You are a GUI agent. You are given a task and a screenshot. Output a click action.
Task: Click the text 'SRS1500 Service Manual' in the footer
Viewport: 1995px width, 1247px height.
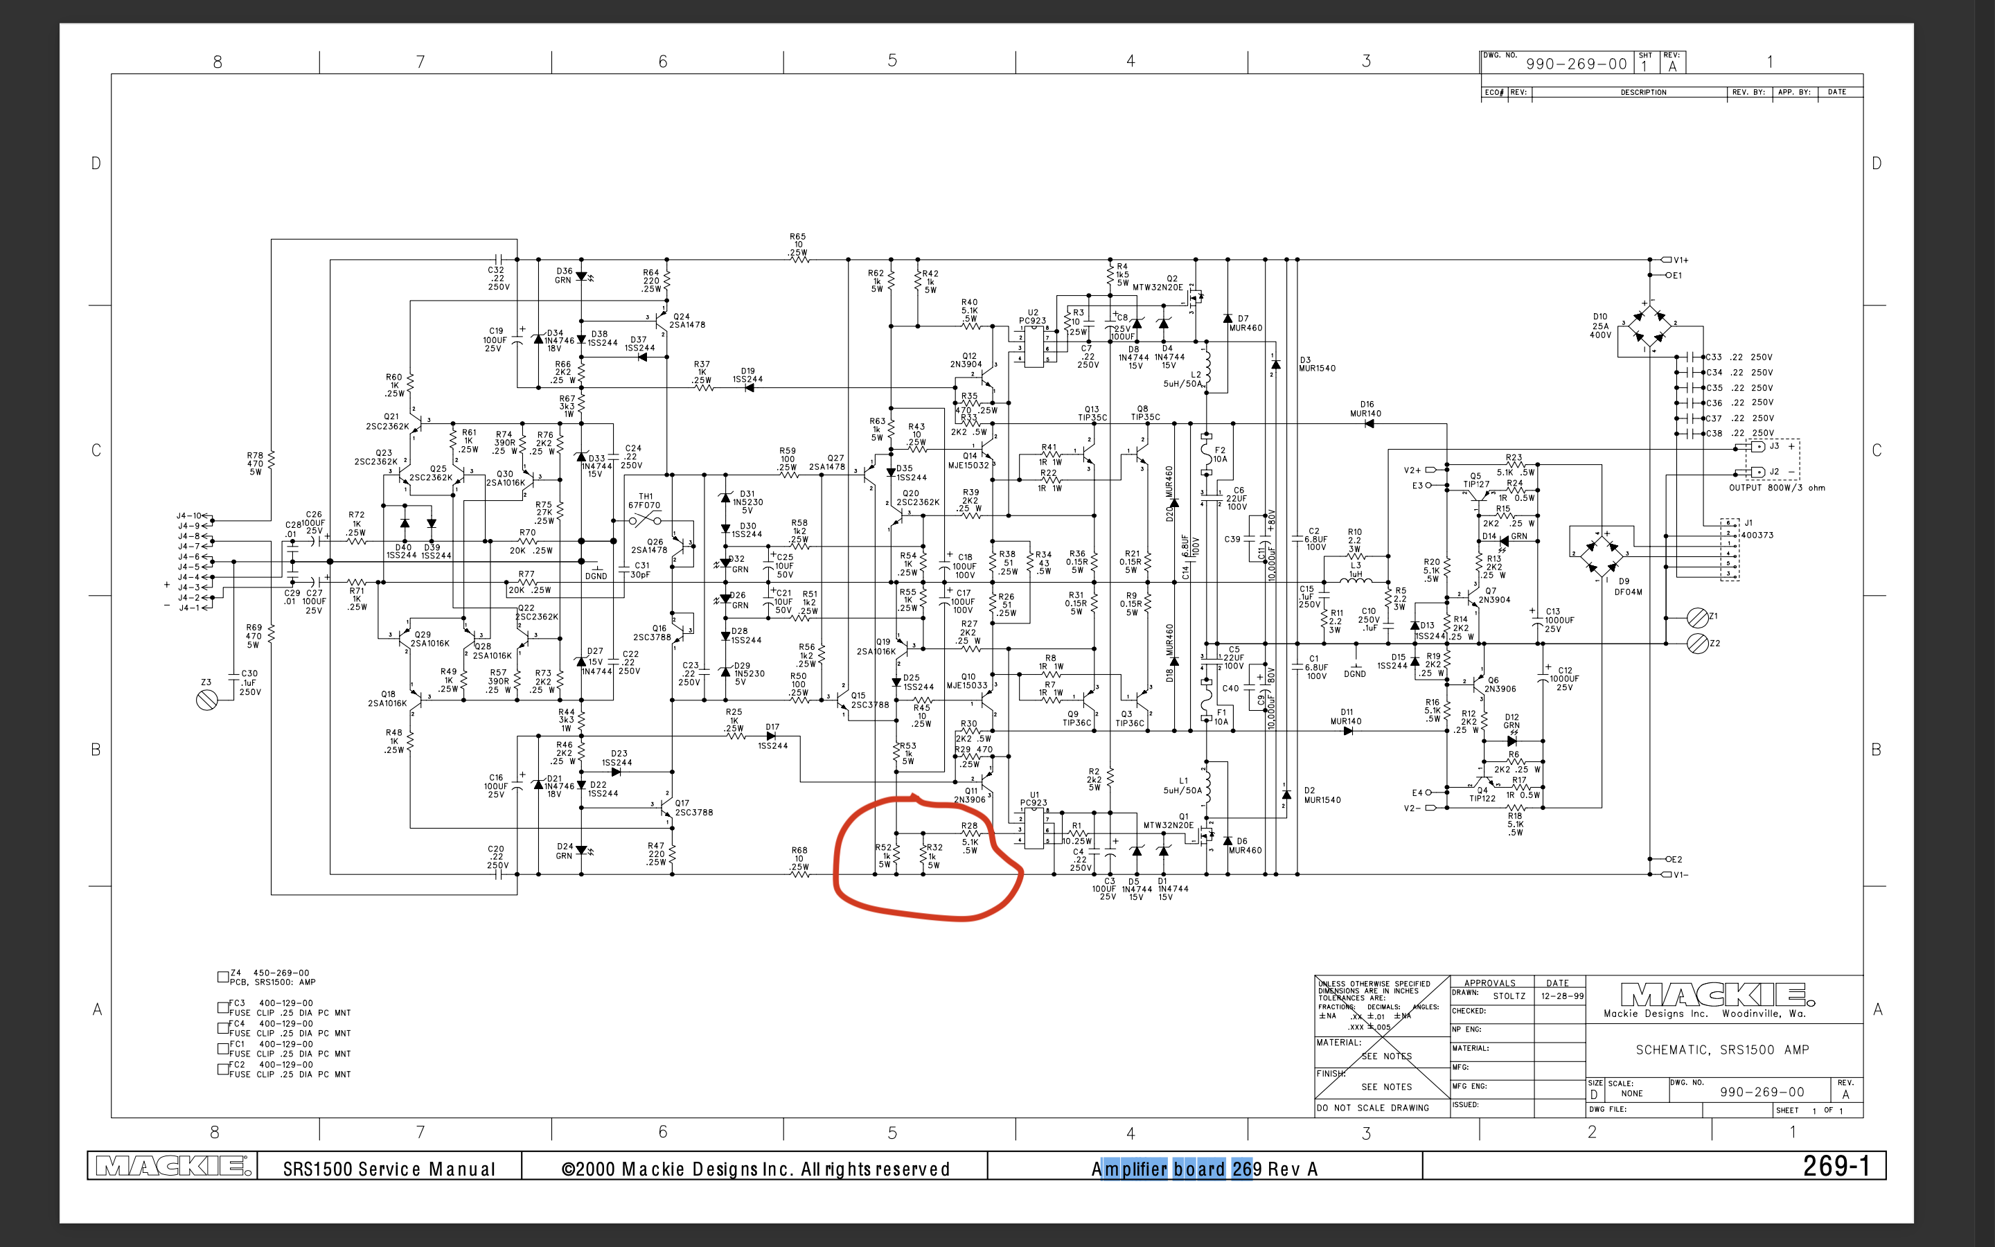pos(389,1169)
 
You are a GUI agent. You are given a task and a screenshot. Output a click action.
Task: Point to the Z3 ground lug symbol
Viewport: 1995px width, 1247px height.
pos(207,700)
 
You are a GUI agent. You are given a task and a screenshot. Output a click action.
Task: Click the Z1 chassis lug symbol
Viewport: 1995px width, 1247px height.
pos(1697,617)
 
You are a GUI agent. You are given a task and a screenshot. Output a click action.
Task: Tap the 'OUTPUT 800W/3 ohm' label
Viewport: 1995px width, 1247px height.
pos(1777,488)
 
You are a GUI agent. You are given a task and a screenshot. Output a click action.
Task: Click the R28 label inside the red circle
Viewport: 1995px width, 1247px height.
pos(970,826)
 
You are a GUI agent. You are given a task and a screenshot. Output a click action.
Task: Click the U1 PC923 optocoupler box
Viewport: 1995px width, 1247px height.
pos(1034,827)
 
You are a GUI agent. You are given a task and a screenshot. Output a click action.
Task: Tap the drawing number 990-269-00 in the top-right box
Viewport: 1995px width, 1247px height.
pos(1576,64)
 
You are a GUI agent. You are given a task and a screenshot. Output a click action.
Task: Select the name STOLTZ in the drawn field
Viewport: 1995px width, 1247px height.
pos(1509,996)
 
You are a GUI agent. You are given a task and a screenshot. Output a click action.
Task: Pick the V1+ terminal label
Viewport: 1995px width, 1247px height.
pos(1680,260)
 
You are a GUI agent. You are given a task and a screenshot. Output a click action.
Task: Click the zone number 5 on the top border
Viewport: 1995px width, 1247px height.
pos(892,61)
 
